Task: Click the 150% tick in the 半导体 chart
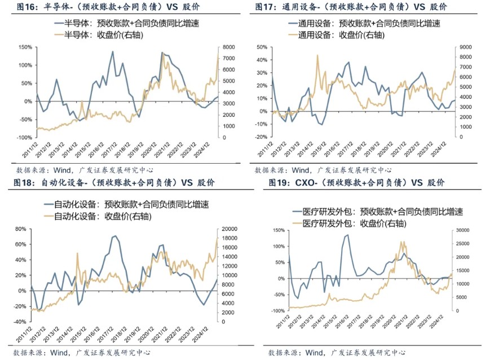pos(25,47)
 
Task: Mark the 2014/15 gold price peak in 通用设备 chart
pos(317,55)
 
